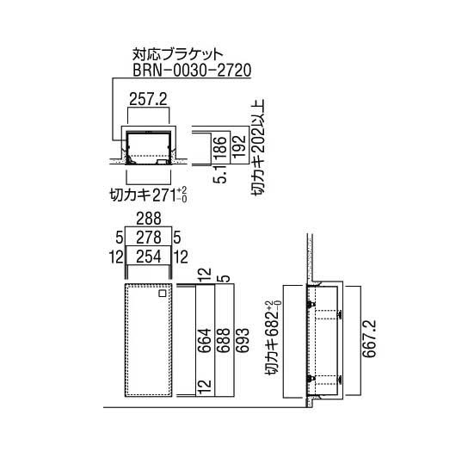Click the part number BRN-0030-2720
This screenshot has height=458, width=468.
[192, 71]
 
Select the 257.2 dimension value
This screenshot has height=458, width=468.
[148, 99]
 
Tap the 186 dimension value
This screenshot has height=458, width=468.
[221, 148]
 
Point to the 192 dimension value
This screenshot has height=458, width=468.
[239, 148]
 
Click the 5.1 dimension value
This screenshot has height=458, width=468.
[220, 174]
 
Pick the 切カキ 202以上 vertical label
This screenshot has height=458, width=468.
[257, 147]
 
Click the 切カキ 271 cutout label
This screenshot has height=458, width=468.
[148, 195]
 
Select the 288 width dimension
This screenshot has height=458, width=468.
[149, 219]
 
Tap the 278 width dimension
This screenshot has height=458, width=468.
[149, 238]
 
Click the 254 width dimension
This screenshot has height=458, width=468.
[149, 257]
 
